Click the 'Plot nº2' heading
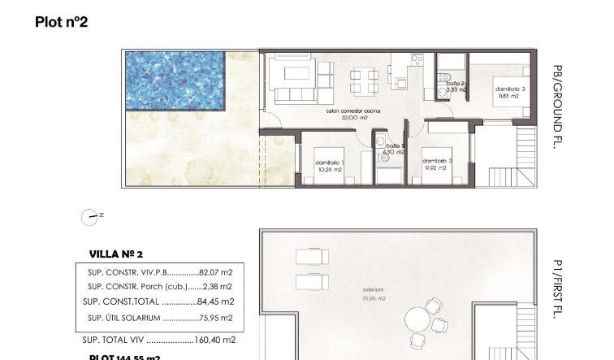point(61,22)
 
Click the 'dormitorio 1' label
point(331,163)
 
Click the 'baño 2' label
point(455,83)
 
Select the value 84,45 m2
point(215,301)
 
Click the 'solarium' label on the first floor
point(374,289)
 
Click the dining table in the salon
point(361,81)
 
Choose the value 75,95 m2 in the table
point(215,319)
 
